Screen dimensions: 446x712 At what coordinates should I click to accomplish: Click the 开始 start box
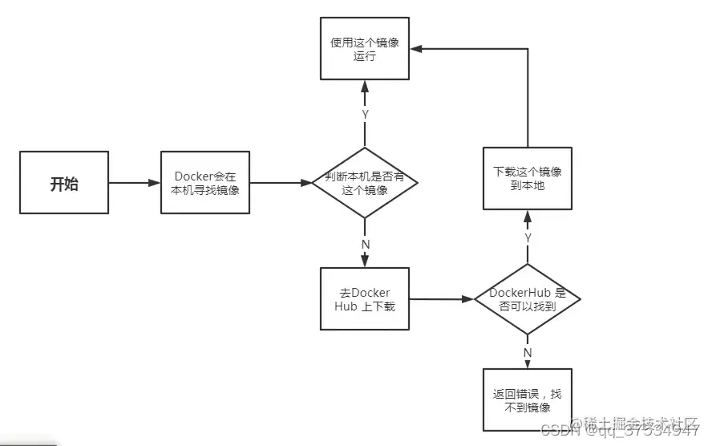click(64, 183)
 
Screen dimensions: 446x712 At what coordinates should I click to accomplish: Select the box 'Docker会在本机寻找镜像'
click(206, 183)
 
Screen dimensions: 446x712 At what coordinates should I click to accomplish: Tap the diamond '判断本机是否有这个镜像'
click(365, 183)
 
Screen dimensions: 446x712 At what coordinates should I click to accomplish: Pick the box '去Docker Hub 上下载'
click(365, 299)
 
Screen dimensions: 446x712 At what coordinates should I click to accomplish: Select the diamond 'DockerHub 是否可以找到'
click(527, 299)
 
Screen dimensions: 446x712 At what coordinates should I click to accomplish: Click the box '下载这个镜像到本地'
click(527, 179)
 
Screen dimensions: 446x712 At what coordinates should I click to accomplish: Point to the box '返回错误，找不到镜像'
click(527, 400)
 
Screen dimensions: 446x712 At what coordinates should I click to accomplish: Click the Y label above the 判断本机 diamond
click(365, 115)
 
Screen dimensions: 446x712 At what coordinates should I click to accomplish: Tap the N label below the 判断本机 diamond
click(365, 243)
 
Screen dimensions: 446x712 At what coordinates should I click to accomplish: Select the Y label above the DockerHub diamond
click(527, 237)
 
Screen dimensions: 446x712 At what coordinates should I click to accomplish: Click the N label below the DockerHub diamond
click(527, 352)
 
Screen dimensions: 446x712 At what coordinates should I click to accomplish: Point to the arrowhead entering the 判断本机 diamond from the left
click(306, 183)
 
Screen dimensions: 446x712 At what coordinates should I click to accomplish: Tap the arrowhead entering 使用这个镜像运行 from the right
click(416, 48)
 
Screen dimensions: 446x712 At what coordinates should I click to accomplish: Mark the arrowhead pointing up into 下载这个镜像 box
click(527, 215)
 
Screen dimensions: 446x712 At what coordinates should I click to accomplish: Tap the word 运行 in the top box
click(365, 58)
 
